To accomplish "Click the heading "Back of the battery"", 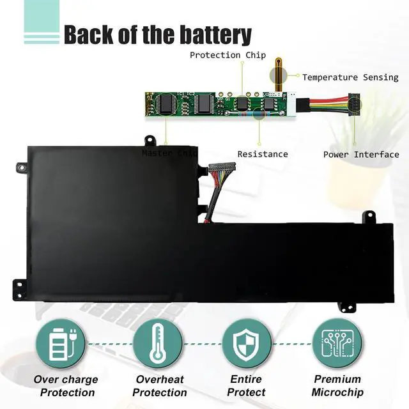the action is (157, 35).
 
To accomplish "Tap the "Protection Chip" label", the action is (228, 55).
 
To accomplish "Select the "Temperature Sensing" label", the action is (350, 77).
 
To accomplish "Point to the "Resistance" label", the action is (263, 154).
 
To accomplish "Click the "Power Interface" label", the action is (361, 154).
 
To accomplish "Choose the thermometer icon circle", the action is (157, 344).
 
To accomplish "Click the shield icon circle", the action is (247, 344).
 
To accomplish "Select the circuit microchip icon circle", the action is (337, 344).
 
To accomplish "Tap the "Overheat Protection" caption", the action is (159, 385).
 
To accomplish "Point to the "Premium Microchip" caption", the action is (338, 385).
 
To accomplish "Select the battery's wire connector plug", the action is (222, 167).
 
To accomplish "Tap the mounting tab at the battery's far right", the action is (369, 217).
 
